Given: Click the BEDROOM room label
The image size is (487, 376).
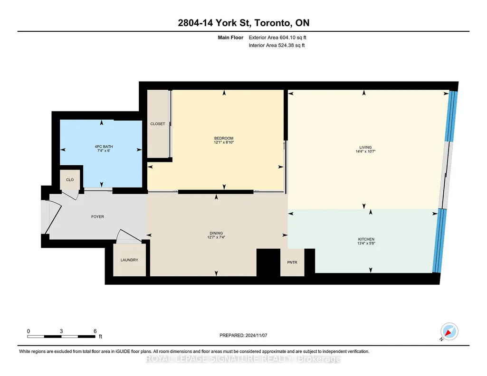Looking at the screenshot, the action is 224,138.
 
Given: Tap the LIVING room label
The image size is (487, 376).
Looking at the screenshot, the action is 365,148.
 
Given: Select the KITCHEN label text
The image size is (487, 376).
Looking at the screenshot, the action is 366,239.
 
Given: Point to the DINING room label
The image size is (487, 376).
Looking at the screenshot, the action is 216,233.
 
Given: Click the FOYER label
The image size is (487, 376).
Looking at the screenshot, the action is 97,216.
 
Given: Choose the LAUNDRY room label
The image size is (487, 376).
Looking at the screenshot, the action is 129,260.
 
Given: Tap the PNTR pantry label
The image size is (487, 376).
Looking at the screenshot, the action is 292,263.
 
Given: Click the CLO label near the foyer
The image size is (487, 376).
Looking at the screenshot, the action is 70,179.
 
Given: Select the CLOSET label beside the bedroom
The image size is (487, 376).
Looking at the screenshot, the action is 158,124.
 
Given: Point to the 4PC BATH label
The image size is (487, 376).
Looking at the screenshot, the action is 104,147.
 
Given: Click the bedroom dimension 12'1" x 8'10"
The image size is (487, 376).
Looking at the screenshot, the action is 224,142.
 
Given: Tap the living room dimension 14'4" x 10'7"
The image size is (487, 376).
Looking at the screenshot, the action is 365,152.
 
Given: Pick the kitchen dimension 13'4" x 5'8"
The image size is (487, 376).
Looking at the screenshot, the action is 366,243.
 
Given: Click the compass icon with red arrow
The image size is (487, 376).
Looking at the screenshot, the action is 449,332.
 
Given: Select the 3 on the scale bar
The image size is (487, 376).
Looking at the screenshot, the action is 61,331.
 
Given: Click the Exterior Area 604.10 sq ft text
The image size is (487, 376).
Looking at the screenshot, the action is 277,38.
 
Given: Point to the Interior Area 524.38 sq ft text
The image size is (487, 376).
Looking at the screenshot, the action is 277,45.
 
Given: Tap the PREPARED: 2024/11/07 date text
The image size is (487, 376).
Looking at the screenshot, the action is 243,335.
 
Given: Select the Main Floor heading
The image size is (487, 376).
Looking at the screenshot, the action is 230,38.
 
